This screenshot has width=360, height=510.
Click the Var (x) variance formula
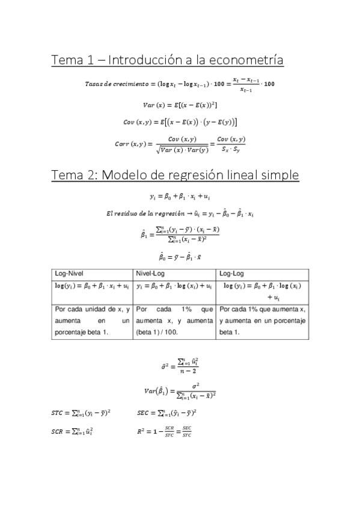pos(180,105)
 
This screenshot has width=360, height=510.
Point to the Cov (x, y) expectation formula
pos(180,122)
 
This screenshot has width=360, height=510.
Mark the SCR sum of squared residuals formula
pos(72,431)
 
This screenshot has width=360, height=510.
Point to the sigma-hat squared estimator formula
pos(180,365)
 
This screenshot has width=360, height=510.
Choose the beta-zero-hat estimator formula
pos(180,256)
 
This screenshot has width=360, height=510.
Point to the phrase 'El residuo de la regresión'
pos(140,214)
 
